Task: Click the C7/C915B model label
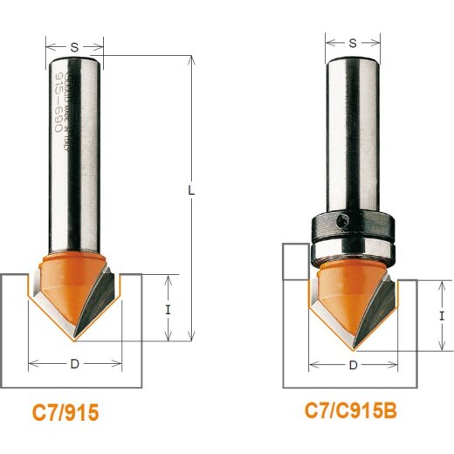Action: point(355,409)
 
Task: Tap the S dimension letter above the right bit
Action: point(353,41)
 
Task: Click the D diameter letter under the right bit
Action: point(353,365)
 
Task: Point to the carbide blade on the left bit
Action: point(103,297)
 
